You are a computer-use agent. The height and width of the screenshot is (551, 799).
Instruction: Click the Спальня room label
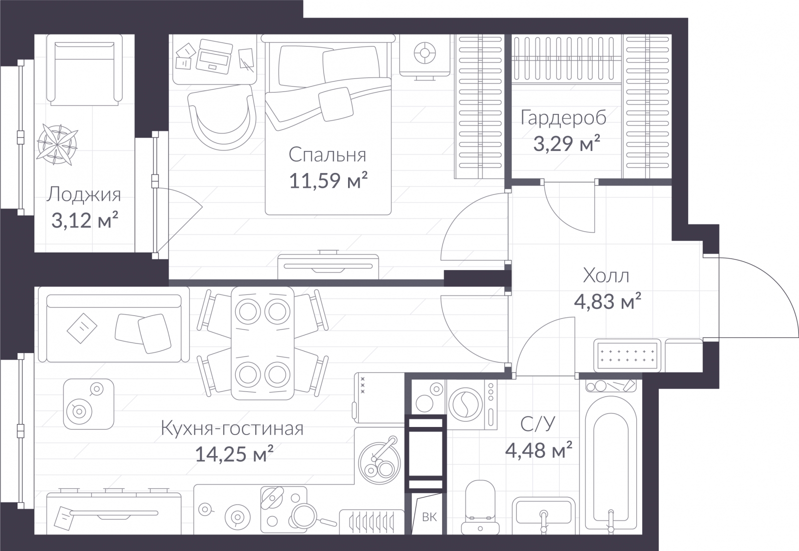(x=328, y=155)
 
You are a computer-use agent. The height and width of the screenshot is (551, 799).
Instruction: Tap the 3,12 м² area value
(x=85, y=220)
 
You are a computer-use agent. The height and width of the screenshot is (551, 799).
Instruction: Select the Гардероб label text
(x=563, y=118)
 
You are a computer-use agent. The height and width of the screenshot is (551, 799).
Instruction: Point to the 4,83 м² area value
(x=607, y=301)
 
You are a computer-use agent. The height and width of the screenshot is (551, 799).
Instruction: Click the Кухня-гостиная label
(x=232, y=428)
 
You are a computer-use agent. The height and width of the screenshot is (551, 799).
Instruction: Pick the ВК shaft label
(x=429, y=517)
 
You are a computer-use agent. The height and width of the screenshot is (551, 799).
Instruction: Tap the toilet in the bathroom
(x=480, y=506)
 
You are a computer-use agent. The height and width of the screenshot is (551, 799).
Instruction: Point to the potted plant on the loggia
(x=57, y=144)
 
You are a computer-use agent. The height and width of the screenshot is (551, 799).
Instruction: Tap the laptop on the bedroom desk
(x=214, y=56)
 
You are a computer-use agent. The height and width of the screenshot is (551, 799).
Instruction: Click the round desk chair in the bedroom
(x=222, y=117)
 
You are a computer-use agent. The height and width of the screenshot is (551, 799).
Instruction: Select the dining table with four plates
(x=263, y=343)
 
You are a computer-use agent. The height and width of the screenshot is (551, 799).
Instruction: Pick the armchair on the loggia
(x=84, y=70)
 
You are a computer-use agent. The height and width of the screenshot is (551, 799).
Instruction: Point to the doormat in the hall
(x=627, y=355)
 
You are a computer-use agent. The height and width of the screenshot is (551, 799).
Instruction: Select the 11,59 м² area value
(x=328, y=180)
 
